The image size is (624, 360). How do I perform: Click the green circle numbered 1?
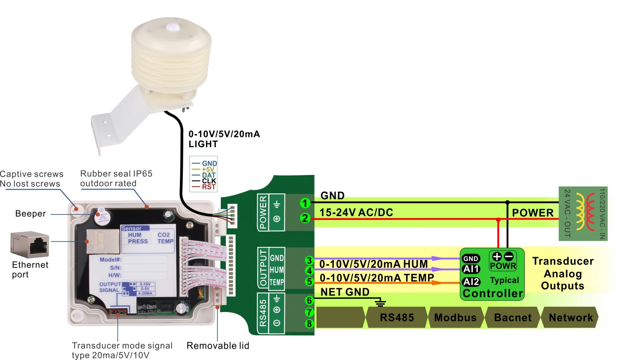point(305,203)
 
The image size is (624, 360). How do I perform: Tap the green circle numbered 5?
point(309,281)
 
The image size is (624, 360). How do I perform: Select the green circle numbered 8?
point(309,324)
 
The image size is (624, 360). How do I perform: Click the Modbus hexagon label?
point(455,317)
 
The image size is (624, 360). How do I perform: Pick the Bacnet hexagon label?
point(512,317)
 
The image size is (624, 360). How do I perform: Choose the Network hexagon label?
point(571,317)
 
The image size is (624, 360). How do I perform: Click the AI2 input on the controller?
point(471,282)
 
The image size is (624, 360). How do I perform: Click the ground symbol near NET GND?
point(380,303)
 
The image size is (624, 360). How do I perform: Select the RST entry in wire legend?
point(208,187)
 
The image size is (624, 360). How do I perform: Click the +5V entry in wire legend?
point(208,169)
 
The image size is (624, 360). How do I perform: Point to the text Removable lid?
point(218,346)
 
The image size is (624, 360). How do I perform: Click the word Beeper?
point(30,214)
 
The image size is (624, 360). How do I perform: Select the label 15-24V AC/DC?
point(356,213)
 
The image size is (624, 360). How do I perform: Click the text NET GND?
point(345,292)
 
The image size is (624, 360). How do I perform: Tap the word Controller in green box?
point(493,293)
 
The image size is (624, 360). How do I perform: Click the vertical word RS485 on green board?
point(263,313)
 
